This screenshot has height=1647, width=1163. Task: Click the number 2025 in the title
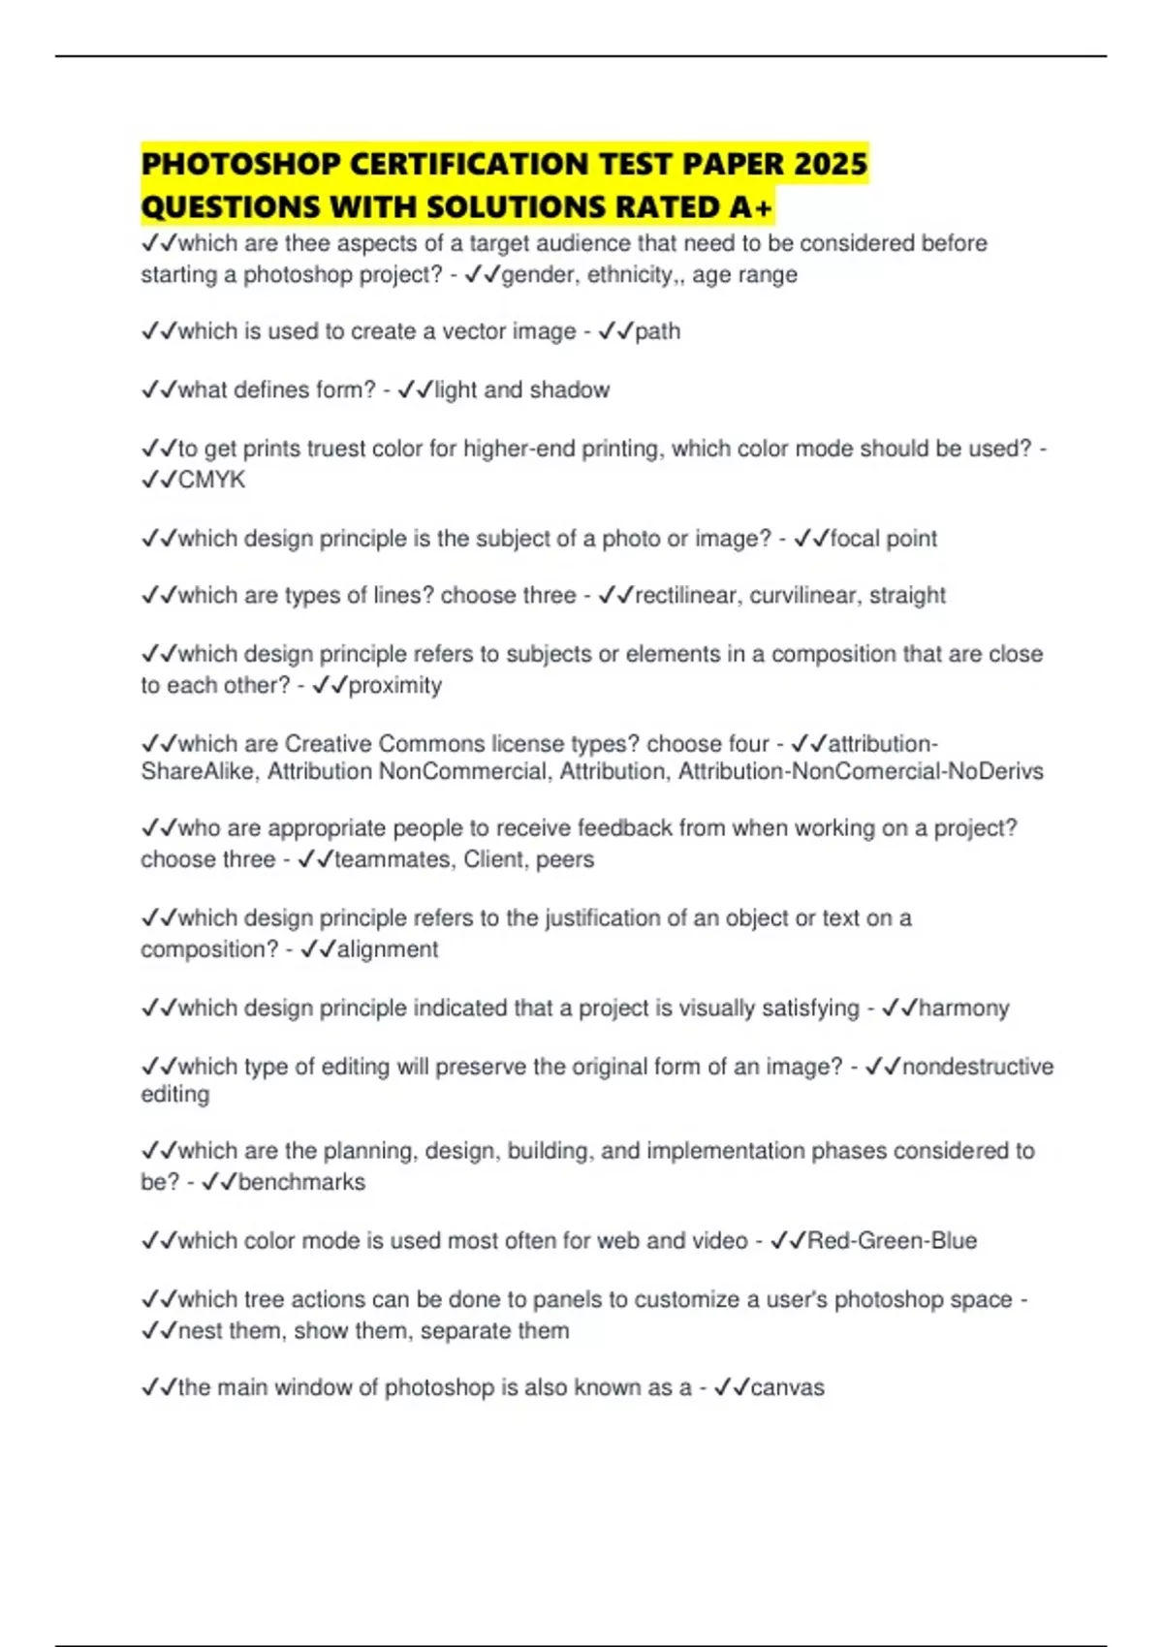[x=830, y=163]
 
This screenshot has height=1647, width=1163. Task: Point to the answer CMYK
[x=211, y=480]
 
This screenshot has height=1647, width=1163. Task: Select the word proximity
[x=394, y=685]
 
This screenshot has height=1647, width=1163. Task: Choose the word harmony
[x=963, y=1008]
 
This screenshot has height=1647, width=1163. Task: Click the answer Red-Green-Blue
[x=892, y=1240]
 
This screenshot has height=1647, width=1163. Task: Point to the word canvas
[x=787, y=1387]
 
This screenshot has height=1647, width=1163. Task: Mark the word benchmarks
[x=301, y=1182]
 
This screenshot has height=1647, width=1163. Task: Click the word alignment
[x=388, y=949]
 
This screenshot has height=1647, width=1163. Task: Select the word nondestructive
[x=977, y=1067]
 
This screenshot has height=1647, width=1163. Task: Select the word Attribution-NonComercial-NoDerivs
[x=861, y=771]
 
